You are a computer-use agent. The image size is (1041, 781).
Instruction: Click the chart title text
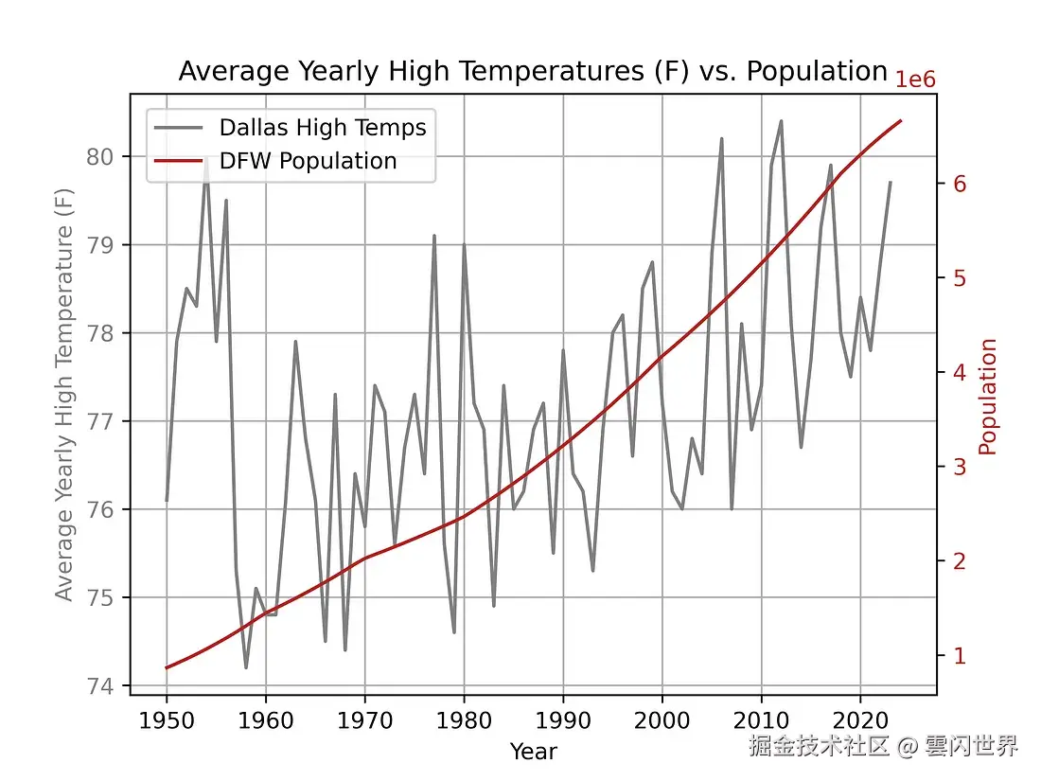(532, 72)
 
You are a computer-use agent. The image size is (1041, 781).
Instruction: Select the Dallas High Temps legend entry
(322, 127)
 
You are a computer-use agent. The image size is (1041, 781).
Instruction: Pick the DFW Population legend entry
(308, 161)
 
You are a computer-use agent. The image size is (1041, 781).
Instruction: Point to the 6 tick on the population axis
(960, 184)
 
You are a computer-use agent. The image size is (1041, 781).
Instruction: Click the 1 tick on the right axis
(960, 655)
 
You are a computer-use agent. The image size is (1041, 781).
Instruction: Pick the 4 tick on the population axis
(960, 372)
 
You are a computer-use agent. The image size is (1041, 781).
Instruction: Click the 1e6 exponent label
(915, 80)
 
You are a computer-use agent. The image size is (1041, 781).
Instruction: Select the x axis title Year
(533, 752)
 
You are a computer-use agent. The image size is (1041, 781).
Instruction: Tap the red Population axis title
(989, 397)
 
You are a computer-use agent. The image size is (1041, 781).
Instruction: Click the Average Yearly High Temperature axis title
(64, 394)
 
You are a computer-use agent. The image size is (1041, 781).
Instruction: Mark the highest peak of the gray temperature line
(781, 121)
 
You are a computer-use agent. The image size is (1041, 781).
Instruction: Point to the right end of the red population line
(901, 121)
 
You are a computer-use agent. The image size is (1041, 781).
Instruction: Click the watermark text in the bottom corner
(883, 746)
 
